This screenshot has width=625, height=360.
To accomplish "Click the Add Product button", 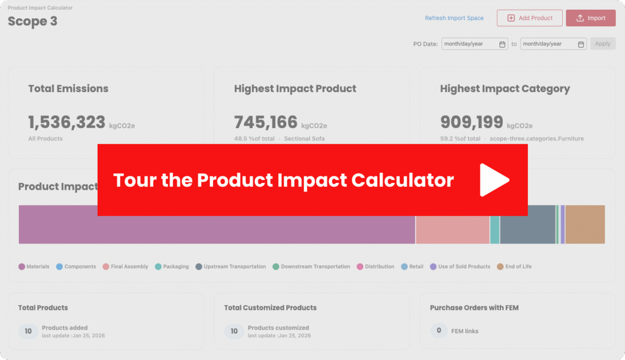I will (529, 18).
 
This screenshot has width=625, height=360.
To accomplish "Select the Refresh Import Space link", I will (454, 18).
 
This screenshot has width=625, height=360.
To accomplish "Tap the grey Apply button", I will (602, 44).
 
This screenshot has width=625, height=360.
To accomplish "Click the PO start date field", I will (475, 44).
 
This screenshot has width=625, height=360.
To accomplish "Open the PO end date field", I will (554, 44).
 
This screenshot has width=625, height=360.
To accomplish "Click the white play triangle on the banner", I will (494, 180).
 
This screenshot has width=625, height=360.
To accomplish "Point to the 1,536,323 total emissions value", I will (67, 123).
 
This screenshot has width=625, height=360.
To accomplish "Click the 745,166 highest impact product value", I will (266, 123).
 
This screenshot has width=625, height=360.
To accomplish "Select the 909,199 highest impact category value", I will (472, 123).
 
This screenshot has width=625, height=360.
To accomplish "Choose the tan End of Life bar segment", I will (585, 225).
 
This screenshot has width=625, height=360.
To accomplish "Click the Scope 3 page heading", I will (32, 21).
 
